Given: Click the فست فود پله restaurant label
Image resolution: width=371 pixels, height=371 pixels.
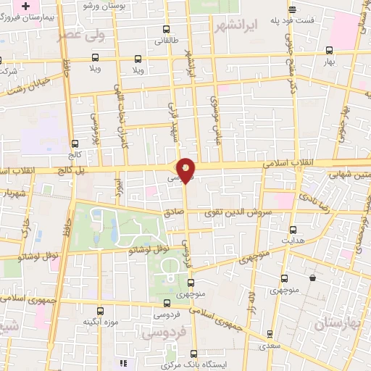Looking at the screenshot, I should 292,21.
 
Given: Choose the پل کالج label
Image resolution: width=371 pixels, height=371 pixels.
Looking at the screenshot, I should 72,170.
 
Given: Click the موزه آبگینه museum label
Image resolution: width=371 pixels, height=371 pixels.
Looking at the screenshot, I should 99,320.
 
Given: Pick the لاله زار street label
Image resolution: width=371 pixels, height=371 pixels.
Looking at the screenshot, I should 251,300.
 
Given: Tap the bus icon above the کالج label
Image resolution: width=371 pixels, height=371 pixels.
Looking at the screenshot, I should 75,143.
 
